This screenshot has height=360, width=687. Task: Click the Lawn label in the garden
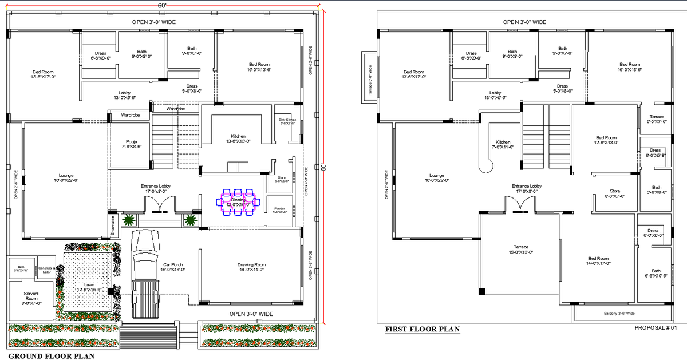pyautogui.click(x=89, y=287)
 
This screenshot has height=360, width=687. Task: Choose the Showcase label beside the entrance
pyautogui.click(x=113, y=226)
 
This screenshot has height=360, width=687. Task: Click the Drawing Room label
pyautogui.click(x=252, y=267)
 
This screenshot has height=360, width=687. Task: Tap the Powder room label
pyautogui.click(x=280, y=210)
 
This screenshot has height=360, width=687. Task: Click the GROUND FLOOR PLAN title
pyautogui.click(x=51, y=355)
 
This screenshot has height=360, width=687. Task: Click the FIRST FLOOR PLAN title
pyautogui.click(x=422, y=329)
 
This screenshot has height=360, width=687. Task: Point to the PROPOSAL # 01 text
pyautogui.click(x=656, y=328)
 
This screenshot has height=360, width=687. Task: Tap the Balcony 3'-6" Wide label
pyautogui.click(x=619, y=313)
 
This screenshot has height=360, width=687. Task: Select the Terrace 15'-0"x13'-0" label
pyautogui.click(x=520, y=250)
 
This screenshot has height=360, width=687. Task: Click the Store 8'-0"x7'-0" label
pyautogui.click(x=615, y=194)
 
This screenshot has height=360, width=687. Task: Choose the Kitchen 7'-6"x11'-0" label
pyautogui.click(x=503, y=144)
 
